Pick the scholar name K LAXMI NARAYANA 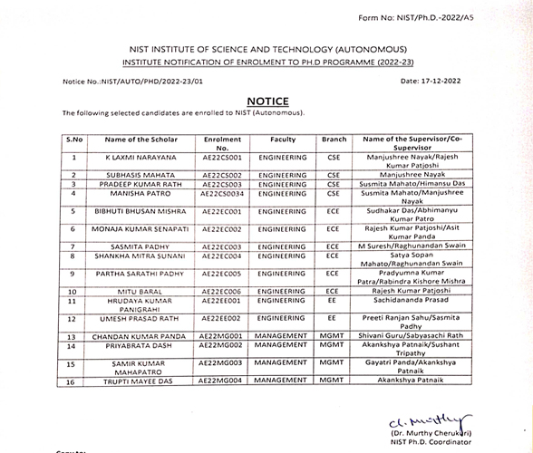[141, 158]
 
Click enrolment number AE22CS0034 [223, 192]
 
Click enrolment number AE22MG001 [221, 335]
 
